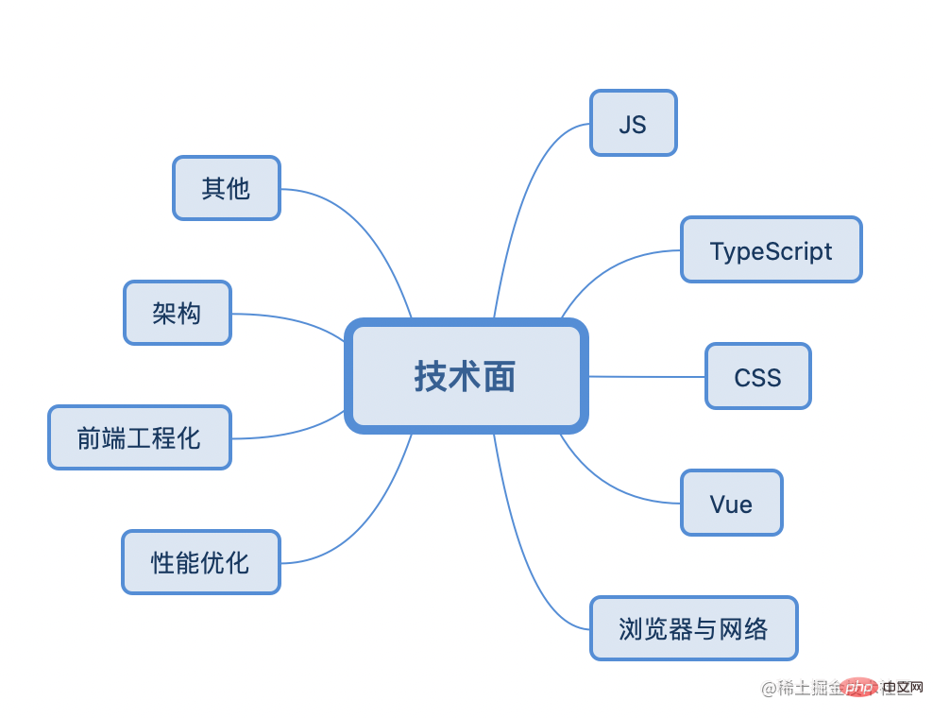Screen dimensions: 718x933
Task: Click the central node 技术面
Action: [466, 377]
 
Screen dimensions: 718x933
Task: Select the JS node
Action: [633, 123]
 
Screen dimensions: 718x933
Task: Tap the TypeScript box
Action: [771, 250]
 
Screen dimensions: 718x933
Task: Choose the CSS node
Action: [757, 377]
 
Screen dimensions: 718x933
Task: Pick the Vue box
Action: [731, 504]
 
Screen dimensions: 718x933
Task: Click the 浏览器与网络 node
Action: [693, 628]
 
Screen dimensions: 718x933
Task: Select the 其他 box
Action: [227, 188]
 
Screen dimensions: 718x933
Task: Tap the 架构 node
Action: [178, 313]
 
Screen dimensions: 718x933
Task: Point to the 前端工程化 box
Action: [140, 437]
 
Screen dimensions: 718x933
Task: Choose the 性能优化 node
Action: [201, 562]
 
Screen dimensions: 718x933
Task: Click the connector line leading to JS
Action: [521, 189]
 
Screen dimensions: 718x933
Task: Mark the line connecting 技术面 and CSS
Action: [647, 377]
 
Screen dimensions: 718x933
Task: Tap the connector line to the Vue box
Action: [614, 486]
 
